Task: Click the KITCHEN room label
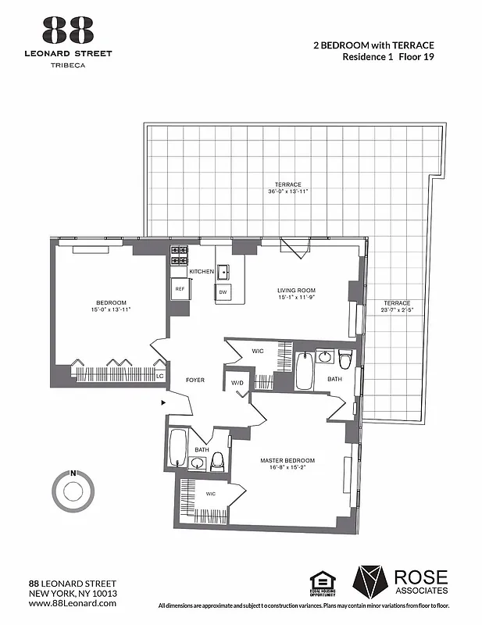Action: tap(202, 271)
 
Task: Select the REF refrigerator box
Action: tap(180, 289)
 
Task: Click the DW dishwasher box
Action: tap(223, 292)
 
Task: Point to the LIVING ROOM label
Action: tap(296, 291)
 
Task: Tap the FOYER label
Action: tap(195, 380)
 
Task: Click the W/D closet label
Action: tap(237, 382)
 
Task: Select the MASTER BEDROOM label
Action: tap(287, 461)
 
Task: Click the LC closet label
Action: tap(159, 376)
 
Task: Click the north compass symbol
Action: tap(73, 491)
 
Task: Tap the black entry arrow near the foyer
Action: tap(162, 402)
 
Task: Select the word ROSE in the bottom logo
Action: tap(421, 577)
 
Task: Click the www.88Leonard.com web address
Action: tap(72, 603)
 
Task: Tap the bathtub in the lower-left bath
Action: tap(178, 447)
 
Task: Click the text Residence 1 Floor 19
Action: tap(387, 57)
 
